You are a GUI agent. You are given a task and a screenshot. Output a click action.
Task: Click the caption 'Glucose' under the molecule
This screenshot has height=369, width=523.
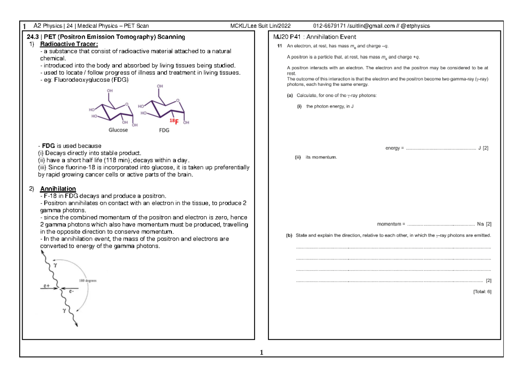coord(115,130)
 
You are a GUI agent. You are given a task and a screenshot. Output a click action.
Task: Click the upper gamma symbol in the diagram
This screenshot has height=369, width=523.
coord(54,264)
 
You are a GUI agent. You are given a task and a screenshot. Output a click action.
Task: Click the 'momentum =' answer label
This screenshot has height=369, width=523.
coord(391,224)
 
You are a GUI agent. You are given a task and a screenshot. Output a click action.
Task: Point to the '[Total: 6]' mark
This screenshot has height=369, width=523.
coord(482,292)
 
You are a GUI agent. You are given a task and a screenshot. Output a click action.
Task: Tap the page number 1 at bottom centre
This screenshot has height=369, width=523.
coord(261,352)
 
